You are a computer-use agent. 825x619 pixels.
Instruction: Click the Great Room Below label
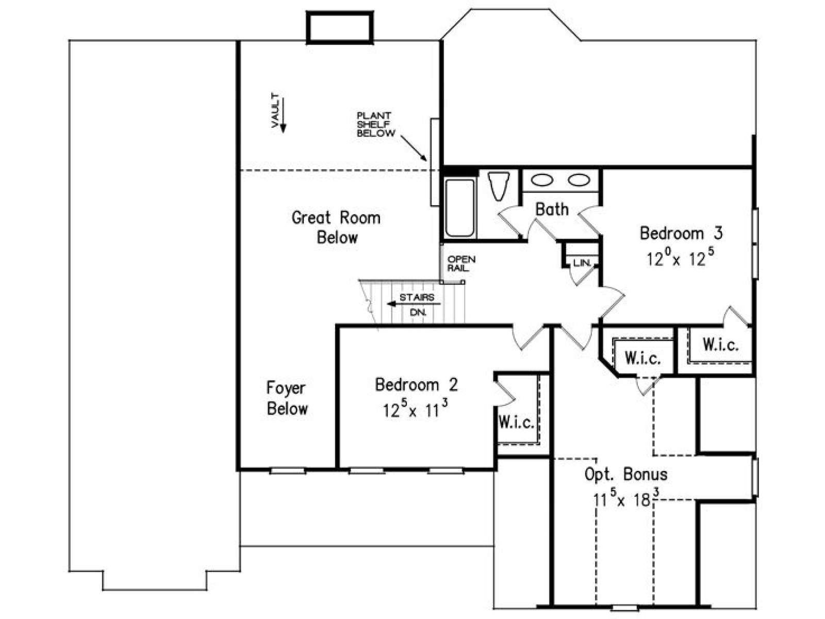coord(336,228)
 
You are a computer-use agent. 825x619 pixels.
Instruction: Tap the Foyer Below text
coord(287,398)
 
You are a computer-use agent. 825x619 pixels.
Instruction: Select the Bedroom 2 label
coord(417,385)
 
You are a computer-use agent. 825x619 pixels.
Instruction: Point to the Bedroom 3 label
coord(681,233)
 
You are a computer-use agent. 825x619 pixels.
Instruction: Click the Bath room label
coord(552,209)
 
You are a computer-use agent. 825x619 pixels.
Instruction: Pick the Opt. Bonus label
coord(626,475)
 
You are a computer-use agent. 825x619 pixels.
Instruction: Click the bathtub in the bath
coord(460,208)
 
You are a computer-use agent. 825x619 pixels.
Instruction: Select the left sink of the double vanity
coord(542,181)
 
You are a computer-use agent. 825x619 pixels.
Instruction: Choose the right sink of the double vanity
coord(579,181)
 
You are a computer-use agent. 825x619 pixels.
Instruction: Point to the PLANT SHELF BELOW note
coord(376,124)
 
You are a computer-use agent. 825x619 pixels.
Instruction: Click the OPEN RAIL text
coord(461,264)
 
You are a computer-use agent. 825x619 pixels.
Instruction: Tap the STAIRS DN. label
coord(417,304)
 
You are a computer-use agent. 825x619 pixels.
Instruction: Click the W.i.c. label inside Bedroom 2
coord(517,423)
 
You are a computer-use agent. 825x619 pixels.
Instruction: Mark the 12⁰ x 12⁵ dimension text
coord(680,257)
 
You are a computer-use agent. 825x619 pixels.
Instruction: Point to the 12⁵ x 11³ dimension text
coord(416,409)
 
